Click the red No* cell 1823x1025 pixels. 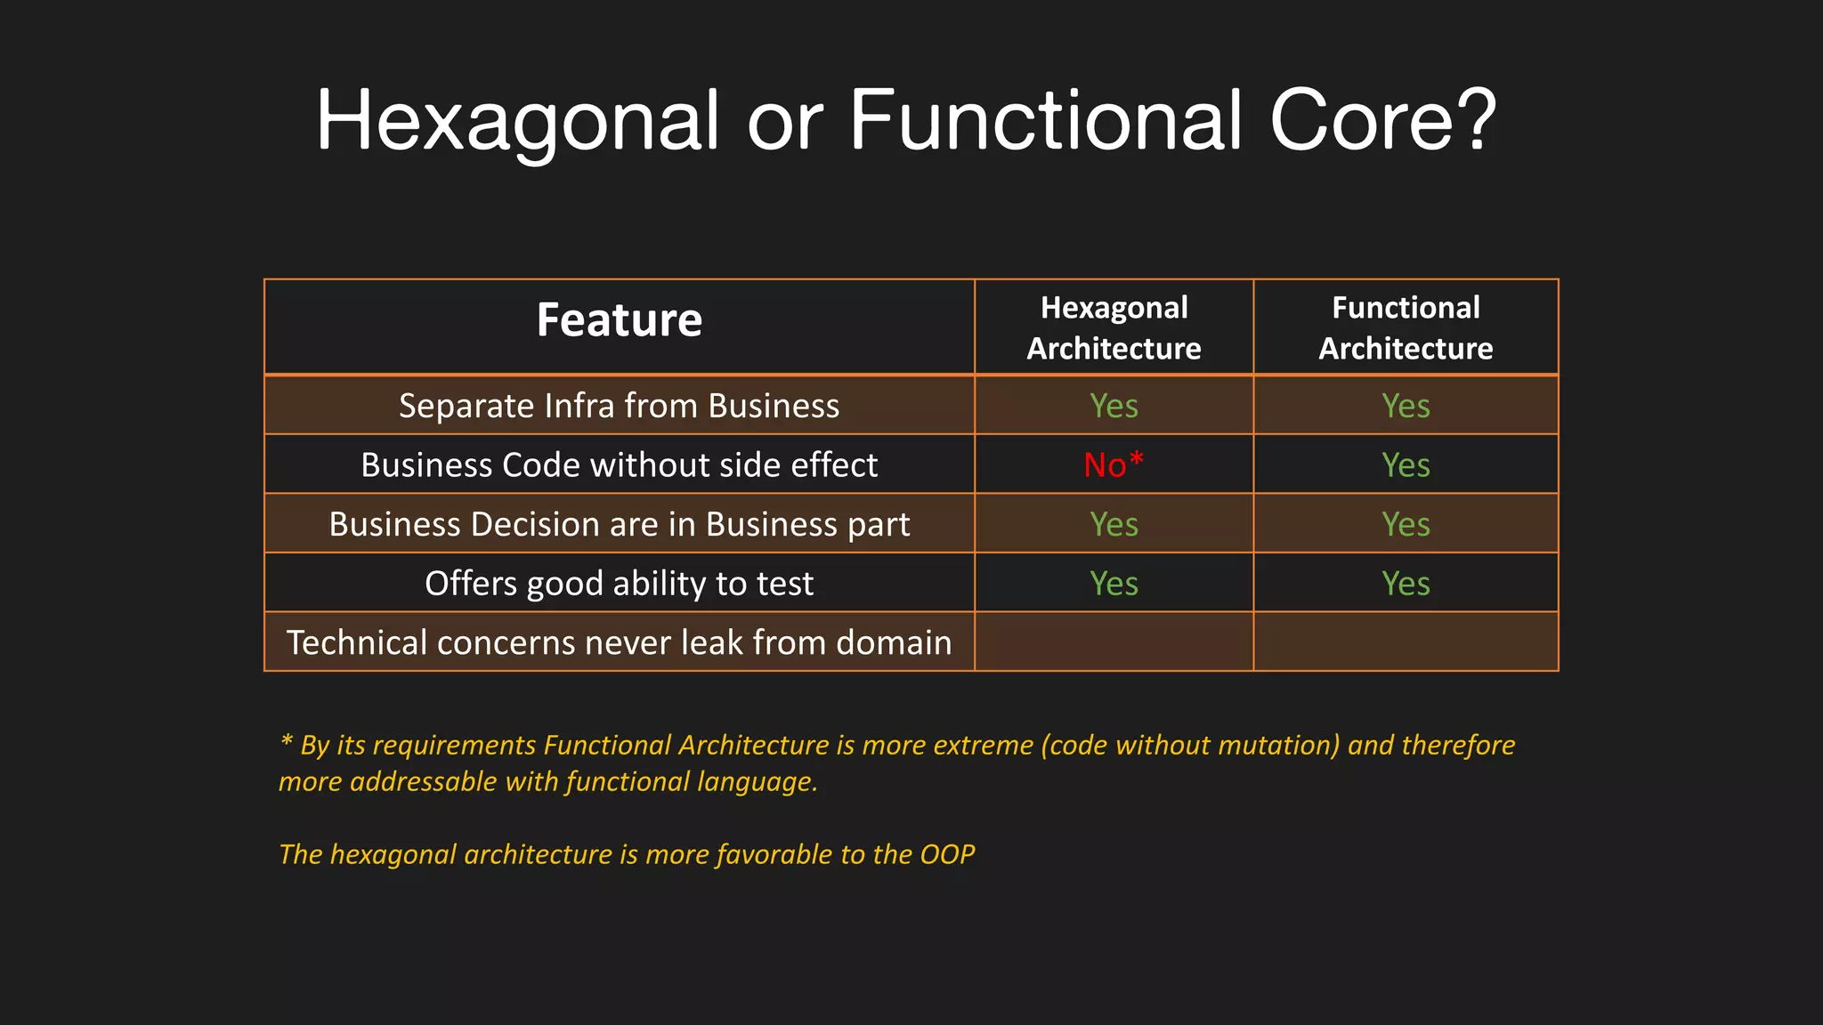(x=1113, y=464)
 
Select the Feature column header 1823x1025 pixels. (x=619, y=320)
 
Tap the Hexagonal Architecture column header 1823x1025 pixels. (x=1114, y=327)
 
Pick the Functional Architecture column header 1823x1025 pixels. (x=1405, y=327)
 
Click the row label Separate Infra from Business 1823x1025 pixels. (x=619, y=406)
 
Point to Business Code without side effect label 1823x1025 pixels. (x=619, y=464)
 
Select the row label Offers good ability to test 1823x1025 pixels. (x=619, y=584)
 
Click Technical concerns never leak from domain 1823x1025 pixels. (x=619, y=642)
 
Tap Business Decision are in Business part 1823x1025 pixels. (x=619, y=524)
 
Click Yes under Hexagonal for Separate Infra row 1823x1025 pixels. (x=1114, y=406)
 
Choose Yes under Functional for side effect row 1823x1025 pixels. (x=1405, y=464)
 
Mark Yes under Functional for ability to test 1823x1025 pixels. (x=1405, y=584)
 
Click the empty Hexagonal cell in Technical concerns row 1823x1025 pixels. (x=1114, y=642)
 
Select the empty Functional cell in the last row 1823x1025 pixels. (x=1405, y=642)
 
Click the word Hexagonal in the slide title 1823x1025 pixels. (x=517, y=121)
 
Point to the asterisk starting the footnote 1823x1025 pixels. (x=286, y=741)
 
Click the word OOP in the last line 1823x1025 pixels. (x=946, y=854)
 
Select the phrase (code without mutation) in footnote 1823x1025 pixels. (x=1190, y=745)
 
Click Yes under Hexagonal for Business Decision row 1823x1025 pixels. (x=1114, y=524)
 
